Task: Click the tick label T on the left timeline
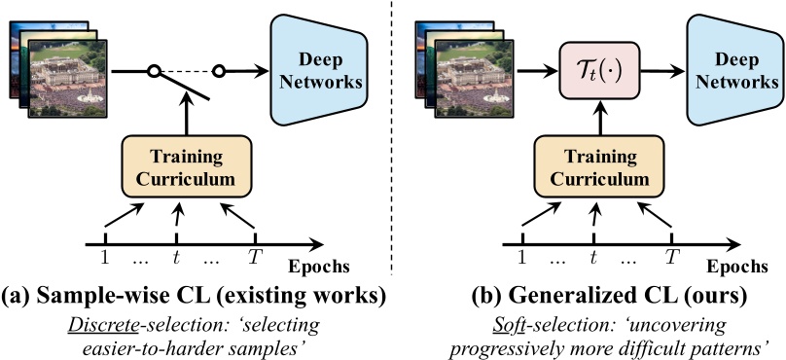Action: (255, 258)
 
